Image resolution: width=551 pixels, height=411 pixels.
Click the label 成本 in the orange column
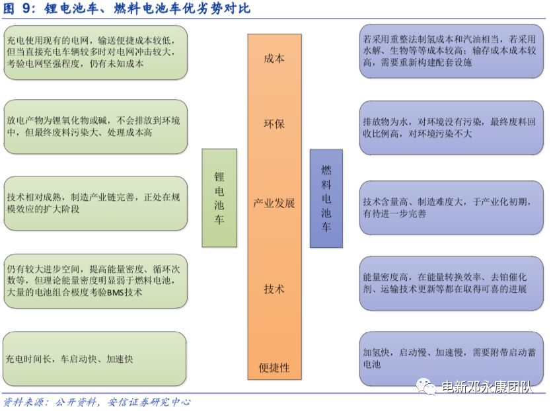[x=274, y=58]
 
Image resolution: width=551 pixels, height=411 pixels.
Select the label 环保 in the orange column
[x=274, y=124]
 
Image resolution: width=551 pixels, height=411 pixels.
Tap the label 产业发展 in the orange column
[x=274, y=204]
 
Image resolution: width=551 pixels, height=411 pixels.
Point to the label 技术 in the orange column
[x=274, y=289]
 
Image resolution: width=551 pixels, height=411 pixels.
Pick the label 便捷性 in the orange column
[x=274, y=368]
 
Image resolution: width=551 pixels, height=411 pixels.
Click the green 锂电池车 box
[x=219, y=198]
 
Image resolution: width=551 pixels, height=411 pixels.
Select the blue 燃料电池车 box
[x=326, y=199]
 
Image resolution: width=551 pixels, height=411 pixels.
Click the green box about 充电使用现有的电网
[x=95, y=52]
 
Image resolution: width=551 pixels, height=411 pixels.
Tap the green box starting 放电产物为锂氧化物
[x=95, y=127]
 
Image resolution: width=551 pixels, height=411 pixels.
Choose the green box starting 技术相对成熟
[x=95, y=204]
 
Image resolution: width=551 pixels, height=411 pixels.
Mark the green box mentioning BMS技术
[x=95, y=281]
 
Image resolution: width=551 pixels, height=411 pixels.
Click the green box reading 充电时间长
[x=94, y=359]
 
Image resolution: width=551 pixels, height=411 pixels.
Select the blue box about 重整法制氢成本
[x=451, y=52]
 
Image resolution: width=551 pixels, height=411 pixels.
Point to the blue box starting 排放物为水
[x=451, y=128]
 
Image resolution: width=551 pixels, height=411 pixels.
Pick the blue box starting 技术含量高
[x=451, y=207]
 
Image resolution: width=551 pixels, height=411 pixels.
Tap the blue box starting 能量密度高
[x=451, y=283]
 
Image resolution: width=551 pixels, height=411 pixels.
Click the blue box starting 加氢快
[x=451, y=359]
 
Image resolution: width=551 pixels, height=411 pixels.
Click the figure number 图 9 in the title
[x=17, y=9]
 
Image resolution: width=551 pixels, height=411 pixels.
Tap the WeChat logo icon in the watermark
[x=426, y=387]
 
